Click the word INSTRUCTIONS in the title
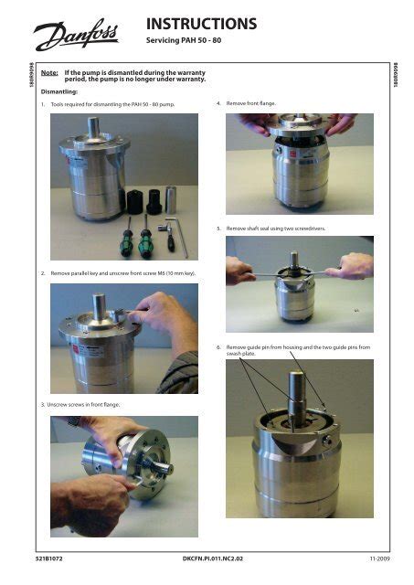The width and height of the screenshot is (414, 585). tap(201, 24)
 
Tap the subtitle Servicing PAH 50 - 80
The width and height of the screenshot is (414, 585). tap(184, 40)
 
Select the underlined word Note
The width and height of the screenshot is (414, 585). tap(49, 73)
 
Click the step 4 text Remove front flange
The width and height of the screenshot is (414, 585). tap(251, 103)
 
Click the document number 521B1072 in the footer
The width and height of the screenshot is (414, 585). tap(49, 558)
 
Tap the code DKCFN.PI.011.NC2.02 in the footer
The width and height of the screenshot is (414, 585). tap(213, 558)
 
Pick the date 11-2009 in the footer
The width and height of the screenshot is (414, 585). tap(379, 558)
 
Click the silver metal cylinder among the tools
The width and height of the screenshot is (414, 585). tap(171, 199)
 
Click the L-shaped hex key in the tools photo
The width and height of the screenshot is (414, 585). tap(178, 237)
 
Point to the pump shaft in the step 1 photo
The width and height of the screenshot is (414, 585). tap(93, 127)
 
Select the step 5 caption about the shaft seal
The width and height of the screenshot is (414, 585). tap(276, 229)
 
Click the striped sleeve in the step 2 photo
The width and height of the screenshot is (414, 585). tap(180, 373)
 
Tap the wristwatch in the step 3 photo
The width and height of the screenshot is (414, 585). tap(73, 421)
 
